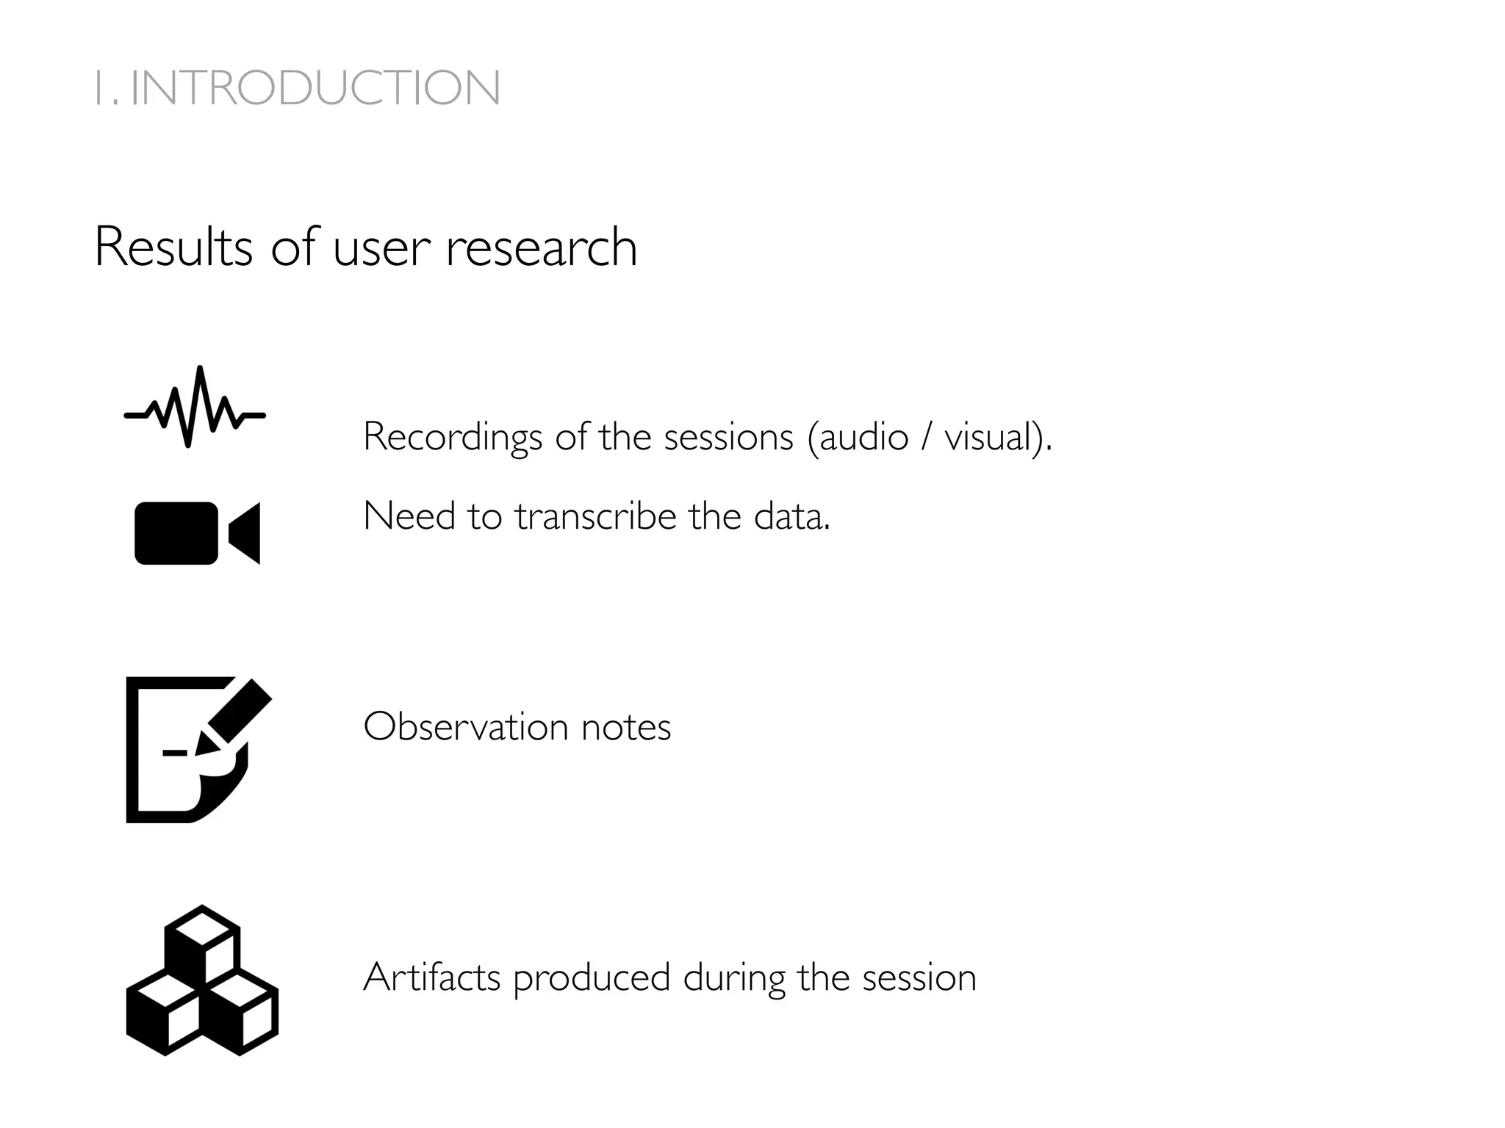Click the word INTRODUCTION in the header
pos(316,88)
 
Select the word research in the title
pos(542,247)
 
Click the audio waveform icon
pos(195,408)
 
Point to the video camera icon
pos(197,533)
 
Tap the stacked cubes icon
pos(202,980)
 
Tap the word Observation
pos(466,727)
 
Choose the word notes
pos(625,727)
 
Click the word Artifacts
pos(432,977)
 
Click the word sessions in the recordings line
pos(728,437)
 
